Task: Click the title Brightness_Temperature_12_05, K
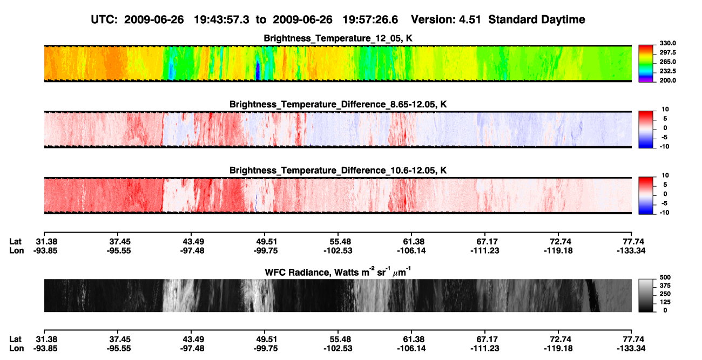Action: [x=338, y=38]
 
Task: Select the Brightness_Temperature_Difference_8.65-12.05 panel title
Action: [x=338, y=104]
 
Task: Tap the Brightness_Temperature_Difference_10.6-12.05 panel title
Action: [x=338, y=171]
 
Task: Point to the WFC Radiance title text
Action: [x=338, y=272]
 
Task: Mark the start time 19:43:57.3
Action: [x=221, y=19]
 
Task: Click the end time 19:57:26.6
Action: [x=370, y=19]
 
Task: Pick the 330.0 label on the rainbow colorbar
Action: [x=668, y=43]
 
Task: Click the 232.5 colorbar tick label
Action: [x=668, y=71]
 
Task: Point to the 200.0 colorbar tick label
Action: [x=668, y=80]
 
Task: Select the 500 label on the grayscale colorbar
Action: [x=665, y=277]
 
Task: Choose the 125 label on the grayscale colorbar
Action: [x=665, y=302]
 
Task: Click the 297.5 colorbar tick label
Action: [x=668, y=53]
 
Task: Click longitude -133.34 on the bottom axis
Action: [x=631, y=349]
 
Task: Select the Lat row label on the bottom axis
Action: [x=15, y=339]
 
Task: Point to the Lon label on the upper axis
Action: [x=17, y=250]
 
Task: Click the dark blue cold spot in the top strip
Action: [x=258, y=71]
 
